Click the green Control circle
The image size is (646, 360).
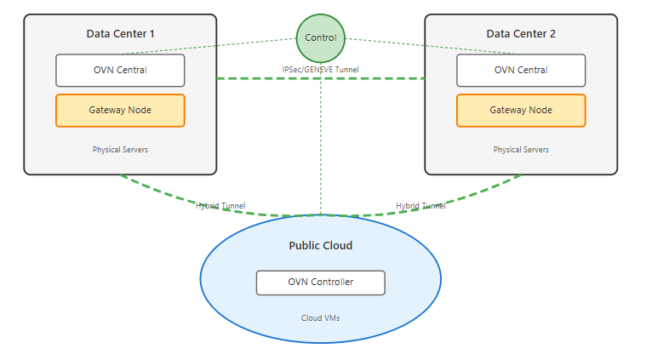(x=321, y=37)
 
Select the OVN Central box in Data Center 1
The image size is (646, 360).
(x=120, y=70)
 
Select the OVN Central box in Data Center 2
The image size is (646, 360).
(x=521, y=70)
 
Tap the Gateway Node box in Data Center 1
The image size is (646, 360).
(x=120, y=110)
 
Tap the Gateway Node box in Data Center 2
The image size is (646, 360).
(x=521, y=110)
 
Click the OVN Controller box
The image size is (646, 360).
(x=320, y=282)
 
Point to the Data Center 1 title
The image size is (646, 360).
(x=120, y=34)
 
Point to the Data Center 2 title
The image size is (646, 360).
(x=521, y=34)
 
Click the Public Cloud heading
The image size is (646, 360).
(x=320, y=246)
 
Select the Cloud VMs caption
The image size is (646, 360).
(x=320, y=317)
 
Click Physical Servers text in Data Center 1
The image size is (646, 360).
(x=120, y=150)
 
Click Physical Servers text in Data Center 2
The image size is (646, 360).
(x=521, y=150)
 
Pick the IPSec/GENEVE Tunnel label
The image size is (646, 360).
(x=320, y=68)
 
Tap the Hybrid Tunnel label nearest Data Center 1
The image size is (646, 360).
(x=220, y=205)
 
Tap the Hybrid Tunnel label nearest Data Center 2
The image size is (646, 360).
(x=420, y=205)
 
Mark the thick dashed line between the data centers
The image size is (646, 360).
(x=255, y=78)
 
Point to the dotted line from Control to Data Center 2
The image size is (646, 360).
(x=400, y=45)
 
